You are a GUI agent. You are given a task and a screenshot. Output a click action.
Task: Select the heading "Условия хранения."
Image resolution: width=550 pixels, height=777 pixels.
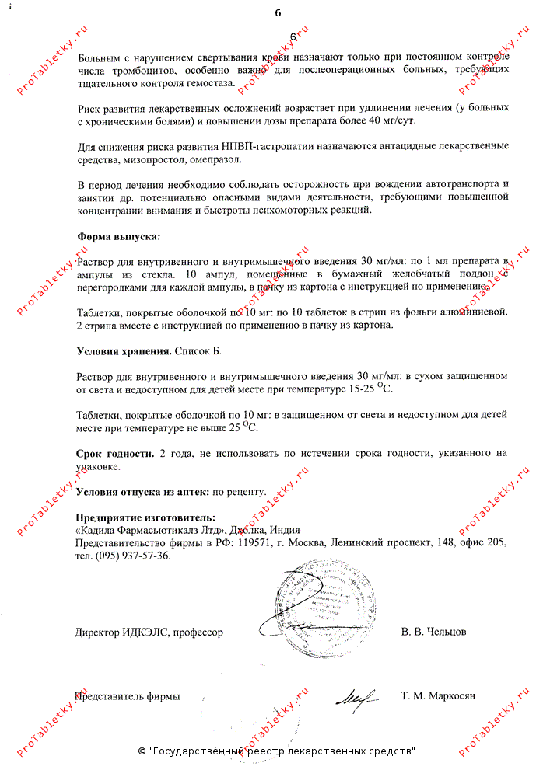[124, 351]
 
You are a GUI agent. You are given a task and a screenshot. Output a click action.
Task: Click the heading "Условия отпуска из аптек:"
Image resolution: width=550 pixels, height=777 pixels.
[142, 492]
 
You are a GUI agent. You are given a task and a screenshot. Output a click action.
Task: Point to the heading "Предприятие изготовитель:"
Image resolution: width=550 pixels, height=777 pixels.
[145, 517]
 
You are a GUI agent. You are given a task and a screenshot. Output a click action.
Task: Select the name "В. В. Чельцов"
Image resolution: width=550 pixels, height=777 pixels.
[434, 632]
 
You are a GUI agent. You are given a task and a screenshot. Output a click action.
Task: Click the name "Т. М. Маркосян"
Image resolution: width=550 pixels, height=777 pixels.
[438, 696]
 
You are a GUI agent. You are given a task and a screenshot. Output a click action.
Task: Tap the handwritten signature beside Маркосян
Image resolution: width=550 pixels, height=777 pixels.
[357, 694]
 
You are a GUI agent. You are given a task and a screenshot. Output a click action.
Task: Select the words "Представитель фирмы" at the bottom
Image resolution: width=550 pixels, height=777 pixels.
[128, 696]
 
